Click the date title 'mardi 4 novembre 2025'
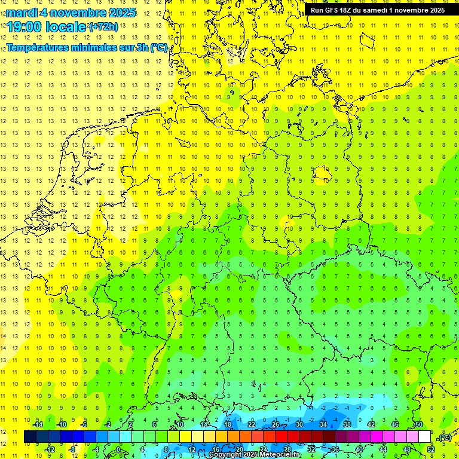(71, 13)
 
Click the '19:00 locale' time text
(47, 27)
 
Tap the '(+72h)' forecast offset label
(103, 27)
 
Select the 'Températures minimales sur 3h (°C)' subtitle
(87, 48)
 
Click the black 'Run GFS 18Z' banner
(377, 10)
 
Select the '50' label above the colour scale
(419, 424)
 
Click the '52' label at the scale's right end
(431, 449)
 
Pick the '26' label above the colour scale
(276, 424)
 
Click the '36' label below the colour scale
(335, 449)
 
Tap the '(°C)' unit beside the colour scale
(445, 438)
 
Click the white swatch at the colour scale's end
(424, 437)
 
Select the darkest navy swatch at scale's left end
(30, 437)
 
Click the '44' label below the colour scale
(383, 449)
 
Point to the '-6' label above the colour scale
(84, 424)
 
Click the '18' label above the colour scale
(228, 424)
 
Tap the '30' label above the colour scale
(299, 424)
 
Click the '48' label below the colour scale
(407, 449)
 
